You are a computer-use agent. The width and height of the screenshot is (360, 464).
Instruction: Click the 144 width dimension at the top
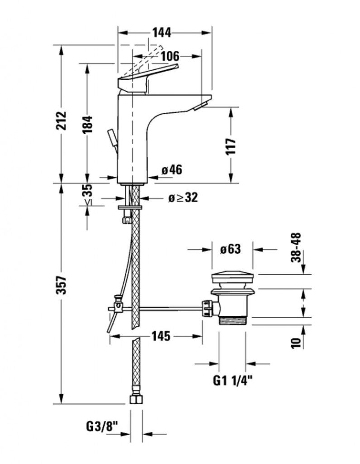[x=161, y=32]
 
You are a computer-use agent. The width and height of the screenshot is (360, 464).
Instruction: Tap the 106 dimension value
[x=170, y=56]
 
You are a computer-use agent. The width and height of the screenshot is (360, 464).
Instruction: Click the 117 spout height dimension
[x=231, y=146]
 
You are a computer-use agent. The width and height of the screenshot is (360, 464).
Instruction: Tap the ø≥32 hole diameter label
[x=183, y=198]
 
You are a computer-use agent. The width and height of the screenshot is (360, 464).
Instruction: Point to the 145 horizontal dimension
[x=161, y=336]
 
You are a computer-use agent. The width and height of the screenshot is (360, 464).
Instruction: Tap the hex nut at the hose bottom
[x=134, y=400]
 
